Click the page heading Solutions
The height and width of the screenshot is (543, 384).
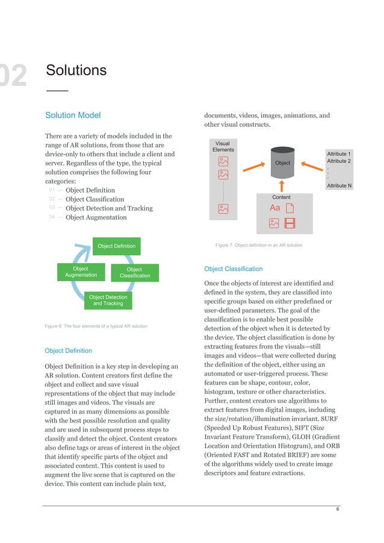coord(76,70)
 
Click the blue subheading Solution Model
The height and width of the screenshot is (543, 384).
coord(73,115)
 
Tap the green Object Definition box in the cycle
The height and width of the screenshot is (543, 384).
coord(117,246)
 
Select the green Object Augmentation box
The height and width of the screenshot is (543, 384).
coord(81,271)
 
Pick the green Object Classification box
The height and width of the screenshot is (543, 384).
coord(135,273)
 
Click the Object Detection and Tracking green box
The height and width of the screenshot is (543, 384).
coord(108,300)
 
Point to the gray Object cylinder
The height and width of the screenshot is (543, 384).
coord(282,163)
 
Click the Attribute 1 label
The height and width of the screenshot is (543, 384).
coord(338,154)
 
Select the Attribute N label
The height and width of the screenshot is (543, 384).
coord(338,186)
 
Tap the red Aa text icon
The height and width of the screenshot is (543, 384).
coord(275,208)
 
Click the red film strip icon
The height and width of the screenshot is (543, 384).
coord(290,223)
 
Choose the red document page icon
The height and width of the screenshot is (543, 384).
coord(290,208)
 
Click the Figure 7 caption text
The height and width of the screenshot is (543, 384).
coord(258,245)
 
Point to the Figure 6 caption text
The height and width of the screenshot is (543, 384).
coord(96,326)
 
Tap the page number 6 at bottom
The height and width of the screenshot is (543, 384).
coord(338,509)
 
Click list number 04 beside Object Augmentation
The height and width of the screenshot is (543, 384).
coord(52,217)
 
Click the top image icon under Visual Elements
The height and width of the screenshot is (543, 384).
coord(223,161)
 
